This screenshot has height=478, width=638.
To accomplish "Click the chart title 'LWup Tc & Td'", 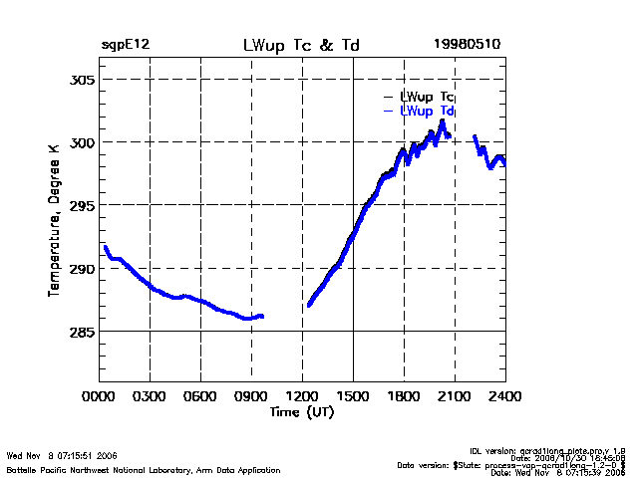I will [302, 46].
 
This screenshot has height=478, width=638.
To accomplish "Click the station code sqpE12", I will [125, 46].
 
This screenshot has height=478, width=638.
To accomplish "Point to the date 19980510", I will [468, 46].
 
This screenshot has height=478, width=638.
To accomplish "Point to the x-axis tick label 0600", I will [201, 397].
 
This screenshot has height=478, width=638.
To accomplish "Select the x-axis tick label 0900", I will [252, 397].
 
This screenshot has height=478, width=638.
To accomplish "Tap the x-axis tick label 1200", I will [303, 397].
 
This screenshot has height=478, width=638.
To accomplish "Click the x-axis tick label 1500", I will [354, 397].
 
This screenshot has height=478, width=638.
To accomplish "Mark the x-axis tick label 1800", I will [405, 397].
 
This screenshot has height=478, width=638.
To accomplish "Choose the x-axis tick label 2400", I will [504, 397].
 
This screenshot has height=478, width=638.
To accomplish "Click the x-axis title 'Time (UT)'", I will [302, 412].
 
